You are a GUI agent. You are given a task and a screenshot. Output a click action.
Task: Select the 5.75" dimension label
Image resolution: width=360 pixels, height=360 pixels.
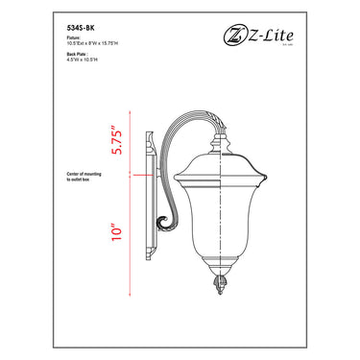coord(116,141)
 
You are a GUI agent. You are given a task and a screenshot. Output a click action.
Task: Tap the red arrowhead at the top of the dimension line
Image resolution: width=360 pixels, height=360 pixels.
coord(137,108)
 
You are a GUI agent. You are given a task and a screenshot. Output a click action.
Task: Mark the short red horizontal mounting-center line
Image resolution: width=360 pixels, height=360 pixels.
coord(138,177)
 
